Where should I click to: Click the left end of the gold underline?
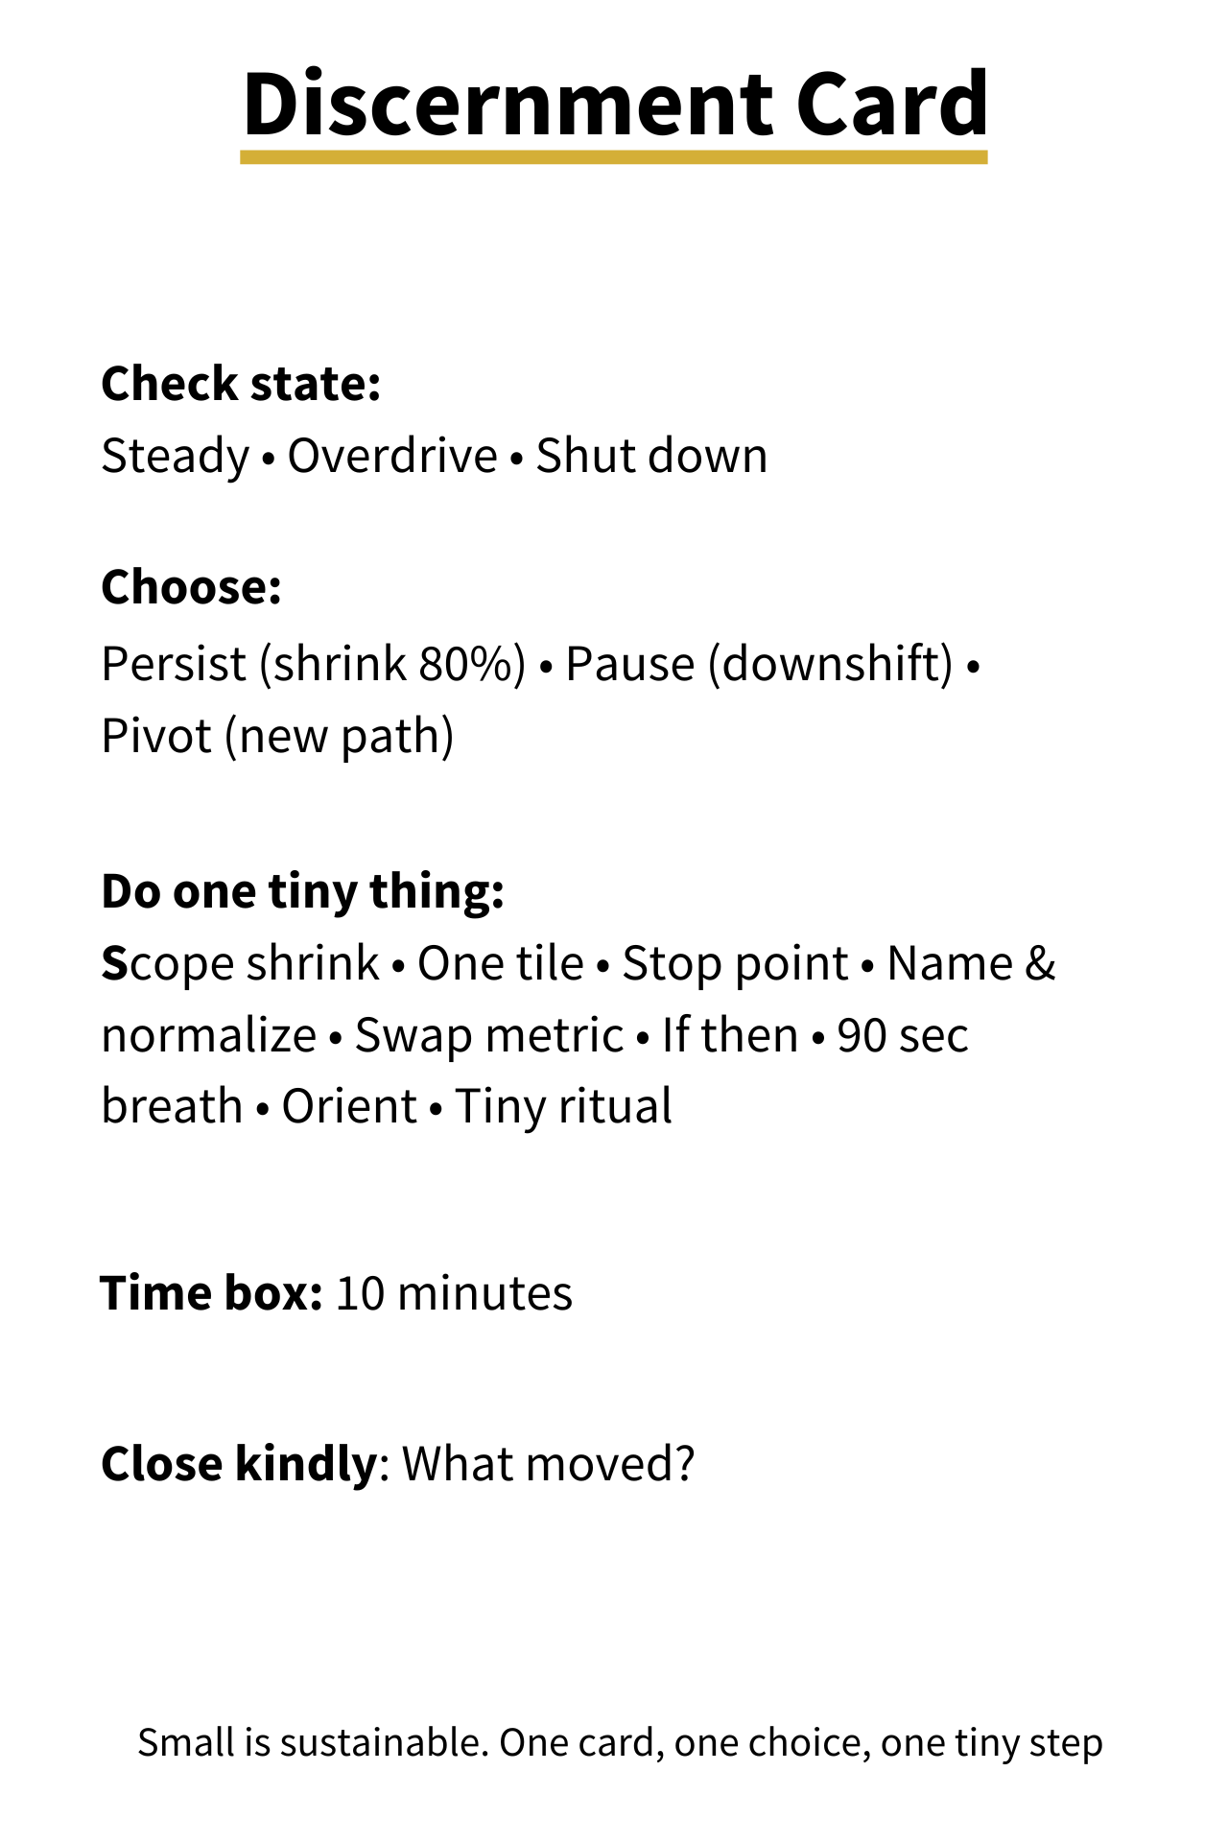pos(242,157)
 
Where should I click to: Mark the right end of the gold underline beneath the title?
pos(986,157)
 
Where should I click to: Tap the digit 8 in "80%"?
pos(431,664)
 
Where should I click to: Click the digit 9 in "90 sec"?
pos(848,1036)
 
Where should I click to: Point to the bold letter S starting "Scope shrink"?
pos(114,964)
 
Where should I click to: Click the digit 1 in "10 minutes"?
pos(345,1293)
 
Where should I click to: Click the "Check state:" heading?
pos(242,383)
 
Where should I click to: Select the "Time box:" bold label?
pos(212,1292)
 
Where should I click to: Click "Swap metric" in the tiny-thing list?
pos(489,1036)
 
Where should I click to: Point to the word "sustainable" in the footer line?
pos(385,1742)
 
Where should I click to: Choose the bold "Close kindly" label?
pos(240,1464)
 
